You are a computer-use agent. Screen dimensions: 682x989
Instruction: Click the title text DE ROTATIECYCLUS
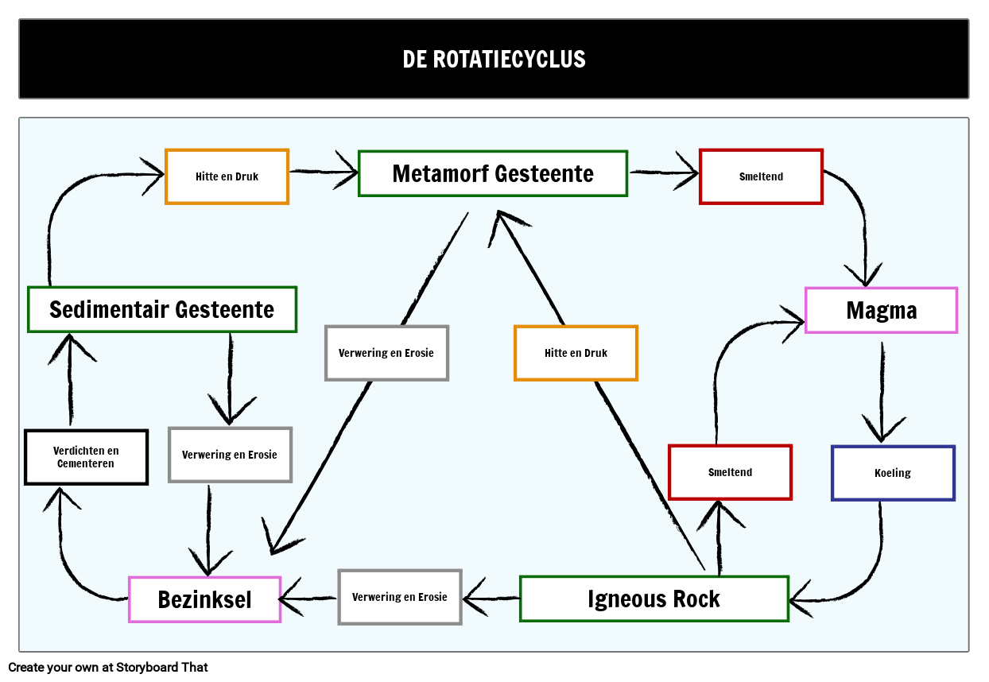coord(494,60)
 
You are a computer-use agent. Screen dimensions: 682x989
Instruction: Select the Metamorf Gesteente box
coord(493,173)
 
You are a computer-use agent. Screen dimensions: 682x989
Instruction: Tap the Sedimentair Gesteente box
coord(162,309)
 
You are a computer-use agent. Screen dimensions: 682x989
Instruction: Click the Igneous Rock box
coord(654,599)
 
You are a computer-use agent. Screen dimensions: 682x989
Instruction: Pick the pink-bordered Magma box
coord(881,310)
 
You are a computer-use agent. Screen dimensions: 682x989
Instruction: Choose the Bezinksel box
coord(204,599)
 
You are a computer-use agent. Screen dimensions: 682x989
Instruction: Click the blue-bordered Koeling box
coord(892,473)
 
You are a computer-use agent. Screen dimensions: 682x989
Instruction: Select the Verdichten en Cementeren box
coord(86,457)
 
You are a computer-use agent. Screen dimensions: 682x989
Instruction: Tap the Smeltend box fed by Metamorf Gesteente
coord(761,176)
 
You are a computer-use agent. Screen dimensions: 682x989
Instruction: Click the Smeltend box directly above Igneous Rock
coord(730,472)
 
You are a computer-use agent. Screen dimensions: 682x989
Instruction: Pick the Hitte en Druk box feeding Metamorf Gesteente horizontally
coord(227,176)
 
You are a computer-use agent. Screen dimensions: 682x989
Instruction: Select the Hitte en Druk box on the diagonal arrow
coord(576,353)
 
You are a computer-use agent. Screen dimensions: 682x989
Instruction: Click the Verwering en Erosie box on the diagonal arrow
coord(386,353)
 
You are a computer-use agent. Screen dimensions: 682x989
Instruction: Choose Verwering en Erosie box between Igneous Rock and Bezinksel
coord(399,597)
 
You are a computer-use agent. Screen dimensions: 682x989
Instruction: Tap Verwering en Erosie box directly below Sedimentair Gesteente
coord(230,455)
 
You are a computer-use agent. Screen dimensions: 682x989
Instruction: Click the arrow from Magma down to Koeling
coord(882,389)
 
